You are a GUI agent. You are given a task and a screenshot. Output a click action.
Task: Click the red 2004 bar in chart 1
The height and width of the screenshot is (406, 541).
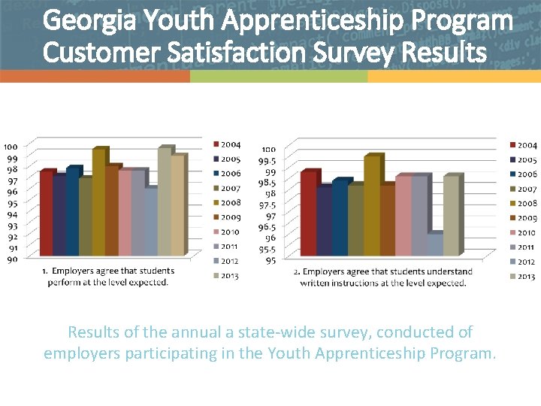click(x=46, y=214)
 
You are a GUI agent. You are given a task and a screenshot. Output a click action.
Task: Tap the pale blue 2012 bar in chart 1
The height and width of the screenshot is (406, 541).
click(x=150, y=222)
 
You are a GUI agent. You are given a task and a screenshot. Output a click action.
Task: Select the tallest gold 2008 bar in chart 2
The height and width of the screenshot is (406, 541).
click(x=371, y=206)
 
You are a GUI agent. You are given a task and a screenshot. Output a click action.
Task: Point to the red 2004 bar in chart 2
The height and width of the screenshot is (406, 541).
click(x=308, y=214)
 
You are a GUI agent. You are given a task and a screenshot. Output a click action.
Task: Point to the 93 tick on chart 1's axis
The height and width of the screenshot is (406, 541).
click(x=12, y=226)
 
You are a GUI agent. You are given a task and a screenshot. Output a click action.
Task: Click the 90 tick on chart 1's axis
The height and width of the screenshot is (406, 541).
click(x=12, y=259)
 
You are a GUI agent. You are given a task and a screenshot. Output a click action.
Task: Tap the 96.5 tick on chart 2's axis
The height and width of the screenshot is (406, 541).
click(x=267, y=227)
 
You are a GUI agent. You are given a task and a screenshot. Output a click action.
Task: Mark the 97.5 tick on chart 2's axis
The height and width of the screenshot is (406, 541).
click(x=267, y=205)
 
